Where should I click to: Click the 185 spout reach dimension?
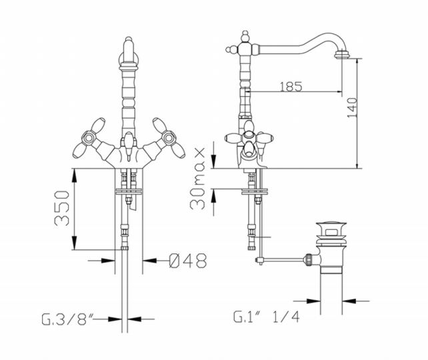[291, 87]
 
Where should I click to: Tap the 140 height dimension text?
[352, 107]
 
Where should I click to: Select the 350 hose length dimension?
[62, 208]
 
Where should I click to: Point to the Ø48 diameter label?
[188, 261]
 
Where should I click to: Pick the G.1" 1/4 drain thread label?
[267, 317]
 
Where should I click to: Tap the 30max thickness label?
[197, 179]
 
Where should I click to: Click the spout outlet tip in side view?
[342, 56]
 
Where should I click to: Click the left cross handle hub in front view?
[89, 137]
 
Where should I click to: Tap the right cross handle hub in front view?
[169, 137]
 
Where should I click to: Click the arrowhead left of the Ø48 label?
[108, 261]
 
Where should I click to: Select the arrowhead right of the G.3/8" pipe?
[134, 319]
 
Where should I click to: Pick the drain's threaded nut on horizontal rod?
[309, 259]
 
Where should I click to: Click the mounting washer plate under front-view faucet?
[129, 191]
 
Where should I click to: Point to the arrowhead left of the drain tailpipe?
[313, 301]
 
